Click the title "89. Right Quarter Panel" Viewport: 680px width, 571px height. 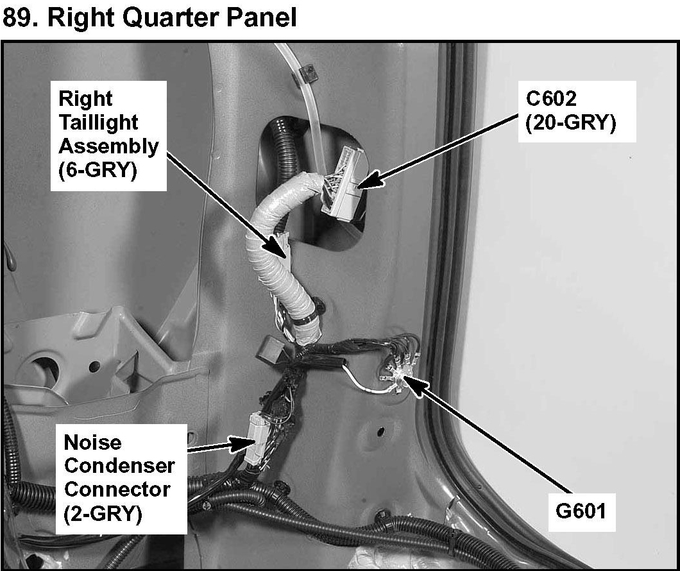149,17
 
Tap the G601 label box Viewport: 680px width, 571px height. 582,511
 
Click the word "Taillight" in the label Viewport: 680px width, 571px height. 98,123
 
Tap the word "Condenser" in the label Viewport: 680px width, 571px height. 119,466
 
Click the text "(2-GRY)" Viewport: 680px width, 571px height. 103,513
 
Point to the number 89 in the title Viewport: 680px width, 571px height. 19,17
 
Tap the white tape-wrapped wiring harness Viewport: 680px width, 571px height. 269,257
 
